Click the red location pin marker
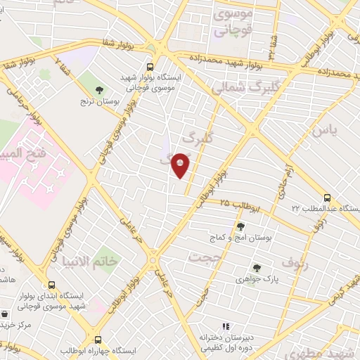click(181, 165)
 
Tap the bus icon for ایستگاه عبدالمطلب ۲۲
click(327, 198)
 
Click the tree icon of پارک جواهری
click(257, 268)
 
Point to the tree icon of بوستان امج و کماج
click(240, 226)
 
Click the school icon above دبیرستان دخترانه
click(226, 326)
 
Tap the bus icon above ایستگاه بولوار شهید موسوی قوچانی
click(149, 67)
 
